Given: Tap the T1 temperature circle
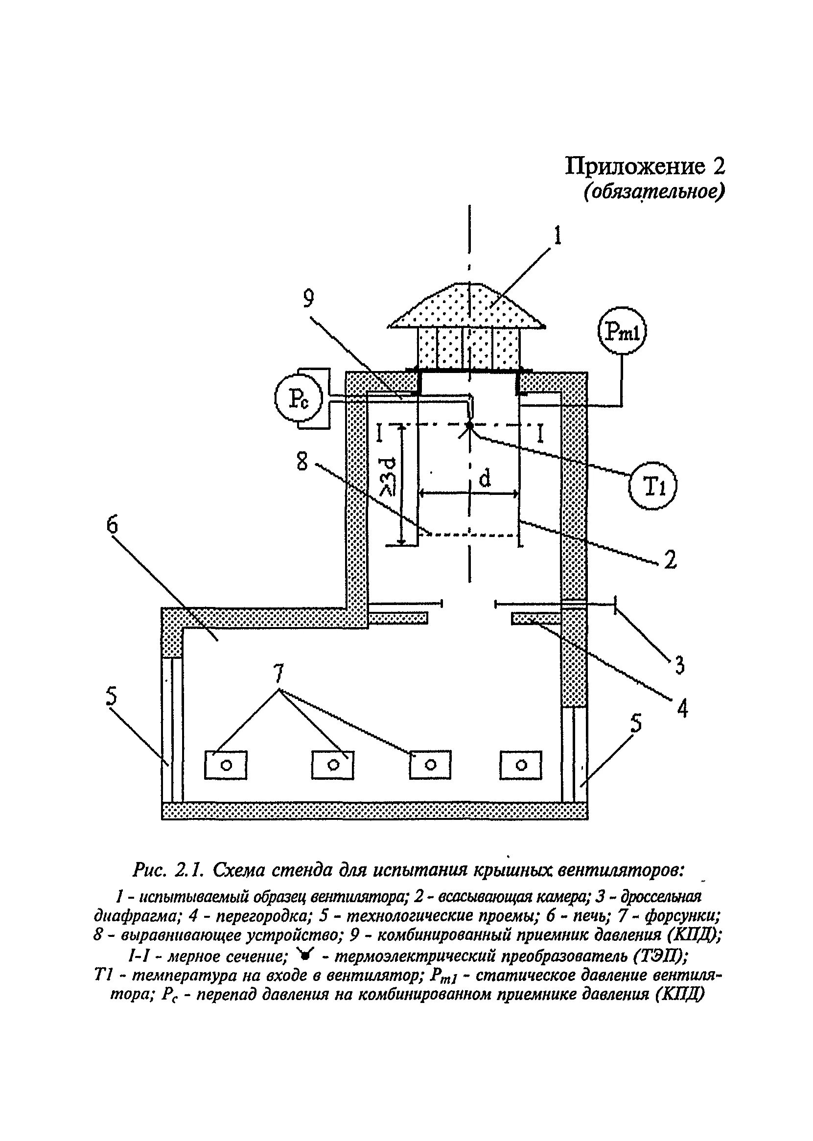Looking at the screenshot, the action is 652,486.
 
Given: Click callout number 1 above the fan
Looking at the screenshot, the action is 557,235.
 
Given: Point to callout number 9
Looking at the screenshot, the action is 308,300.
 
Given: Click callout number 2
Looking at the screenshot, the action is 670,559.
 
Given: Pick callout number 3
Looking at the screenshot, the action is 679,664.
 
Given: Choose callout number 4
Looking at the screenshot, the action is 682,708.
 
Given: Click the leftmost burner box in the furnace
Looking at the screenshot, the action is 226,765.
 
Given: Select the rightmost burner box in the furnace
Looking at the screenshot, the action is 521,765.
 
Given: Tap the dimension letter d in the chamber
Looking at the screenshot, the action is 485,479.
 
